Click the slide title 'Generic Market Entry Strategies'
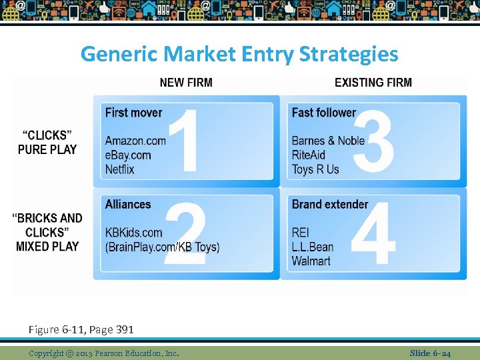click(x=239, y=53)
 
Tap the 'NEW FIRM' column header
click(x=186, y=83)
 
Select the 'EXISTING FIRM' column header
click(x=373, y=83)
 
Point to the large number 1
click(x=183, y=140)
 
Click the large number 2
click(x=185, y=235)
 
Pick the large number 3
click(x=373, y=140)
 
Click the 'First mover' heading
click(x=133, y=112)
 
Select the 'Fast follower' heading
click(x=323, y=112)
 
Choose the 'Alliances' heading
click(x=128, y=204)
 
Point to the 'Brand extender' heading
click(x=329, y=204)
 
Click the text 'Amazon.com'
click(x=135, y=141)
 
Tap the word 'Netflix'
click(x=119, y=169)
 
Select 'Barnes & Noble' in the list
click(x=328, y=141)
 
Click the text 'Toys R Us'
click(x=315, y=169)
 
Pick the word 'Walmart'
click(x=311, y=261)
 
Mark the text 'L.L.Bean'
click(x=312, y=247)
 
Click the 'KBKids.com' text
click(x=133, y=233)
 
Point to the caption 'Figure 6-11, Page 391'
click(x=81, y=329)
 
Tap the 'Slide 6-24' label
click(x=430, y=353)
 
